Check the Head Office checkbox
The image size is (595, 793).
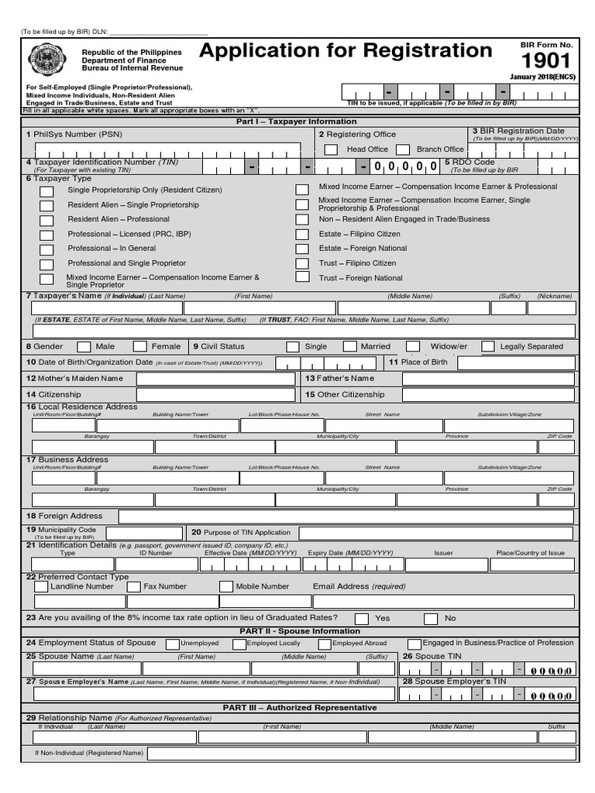[331, 149]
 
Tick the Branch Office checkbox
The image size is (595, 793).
[403, 149]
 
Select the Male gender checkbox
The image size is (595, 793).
[83, 347]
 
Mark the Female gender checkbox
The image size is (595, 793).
[139, 347]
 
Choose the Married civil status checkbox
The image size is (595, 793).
[350, 347]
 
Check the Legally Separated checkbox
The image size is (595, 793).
[488, 347]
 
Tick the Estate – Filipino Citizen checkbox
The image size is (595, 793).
[302, 235]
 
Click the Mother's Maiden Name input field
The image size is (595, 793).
[215, 379]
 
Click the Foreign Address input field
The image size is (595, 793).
[346, 517]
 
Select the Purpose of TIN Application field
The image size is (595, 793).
[436, 533]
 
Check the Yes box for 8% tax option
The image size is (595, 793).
[362, 619]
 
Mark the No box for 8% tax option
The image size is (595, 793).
[431, 619]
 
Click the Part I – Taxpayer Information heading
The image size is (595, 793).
[297, 122]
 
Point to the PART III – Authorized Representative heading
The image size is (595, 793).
[300, 708]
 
